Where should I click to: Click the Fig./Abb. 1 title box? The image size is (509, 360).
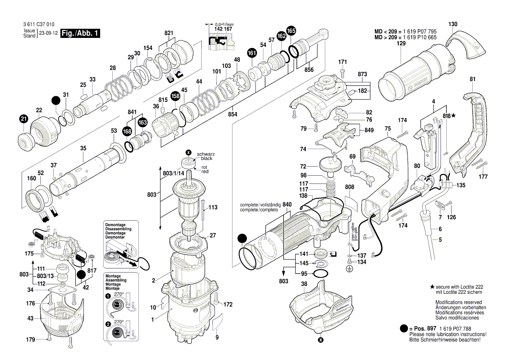[81, 34]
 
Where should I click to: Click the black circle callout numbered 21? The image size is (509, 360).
[23, 119]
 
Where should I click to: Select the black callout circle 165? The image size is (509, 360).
[291, 31]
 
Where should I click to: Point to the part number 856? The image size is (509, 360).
[309, 70]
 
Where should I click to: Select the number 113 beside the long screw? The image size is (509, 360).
[212, 207]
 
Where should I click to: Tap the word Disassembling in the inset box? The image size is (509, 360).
[118, 229]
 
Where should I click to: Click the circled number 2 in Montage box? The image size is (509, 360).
[108, 324]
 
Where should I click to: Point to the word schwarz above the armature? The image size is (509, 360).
[206, 154]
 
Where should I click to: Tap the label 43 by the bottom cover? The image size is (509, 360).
[30, 319]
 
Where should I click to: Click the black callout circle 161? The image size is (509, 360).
[251, 53]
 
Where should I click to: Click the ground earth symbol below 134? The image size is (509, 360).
[348, 269]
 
